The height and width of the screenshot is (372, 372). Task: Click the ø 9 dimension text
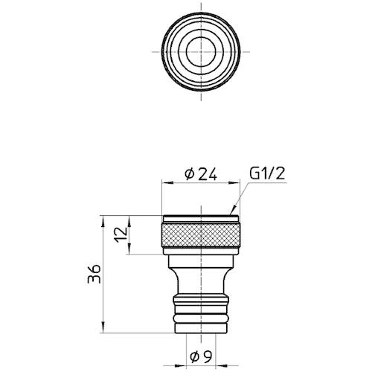coord(199,354)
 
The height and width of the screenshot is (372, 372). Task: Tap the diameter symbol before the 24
coord(188,174)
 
